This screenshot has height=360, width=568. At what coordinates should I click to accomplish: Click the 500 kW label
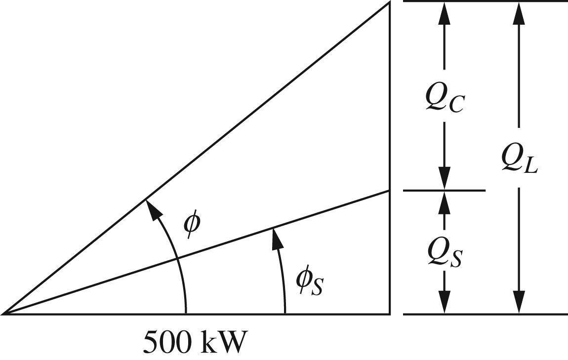[195, 342]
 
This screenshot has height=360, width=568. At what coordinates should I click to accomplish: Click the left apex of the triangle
[3, 314]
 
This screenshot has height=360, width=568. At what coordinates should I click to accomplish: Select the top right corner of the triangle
[389, 2]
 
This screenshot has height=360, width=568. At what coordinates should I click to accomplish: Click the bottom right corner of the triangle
[389, 314]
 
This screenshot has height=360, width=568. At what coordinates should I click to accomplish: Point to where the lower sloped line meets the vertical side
[389, 190]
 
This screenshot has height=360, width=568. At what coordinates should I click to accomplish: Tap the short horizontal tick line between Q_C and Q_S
[444, 190]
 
